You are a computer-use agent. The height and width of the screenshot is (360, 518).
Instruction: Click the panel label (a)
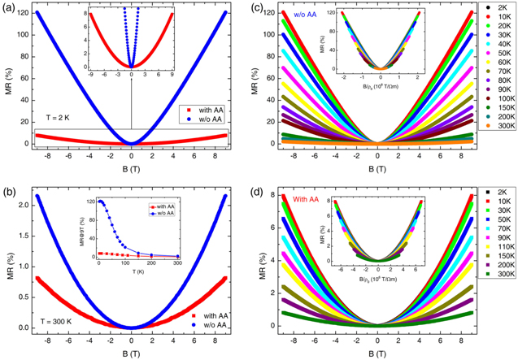9,7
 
